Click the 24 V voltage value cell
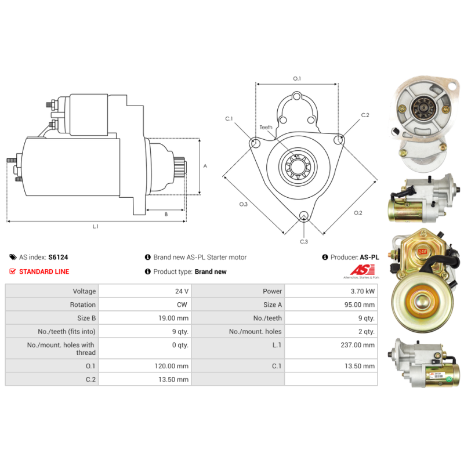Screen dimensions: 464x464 (x=182, y=291)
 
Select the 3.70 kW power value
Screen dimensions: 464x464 (x=362, y=291)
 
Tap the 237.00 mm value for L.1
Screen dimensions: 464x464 (x=357, y=345)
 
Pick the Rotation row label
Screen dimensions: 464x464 (x=83, y=305)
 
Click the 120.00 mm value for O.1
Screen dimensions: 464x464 (x=171, y=366)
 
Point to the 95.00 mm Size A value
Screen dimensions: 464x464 (x=359, y=305)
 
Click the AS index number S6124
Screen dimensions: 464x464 (x=59, y=257)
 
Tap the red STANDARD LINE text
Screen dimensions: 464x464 (x=44, y=271)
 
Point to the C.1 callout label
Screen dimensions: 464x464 (x=229, y=119)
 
